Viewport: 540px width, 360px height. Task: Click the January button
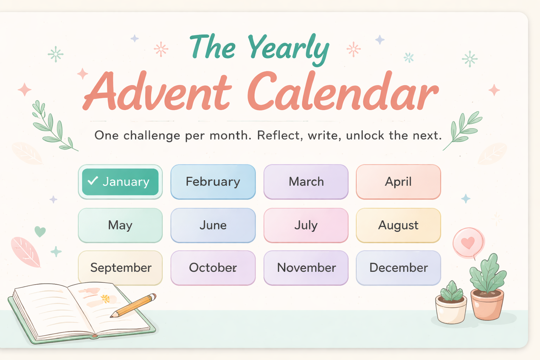120,182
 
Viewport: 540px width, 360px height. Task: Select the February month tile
213,182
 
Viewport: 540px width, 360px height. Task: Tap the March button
306,182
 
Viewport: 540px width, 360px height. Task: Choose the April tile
398,182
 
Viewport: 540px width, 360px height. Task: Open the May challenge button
120,225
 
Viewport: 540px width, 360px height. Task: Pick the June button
213,225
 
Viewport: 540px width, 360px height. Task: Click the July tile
306,225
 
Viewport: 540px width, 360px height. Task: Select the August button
398,225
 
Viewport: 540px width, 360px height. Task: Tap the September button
120,268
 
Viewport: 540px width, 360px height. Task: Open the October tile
213,268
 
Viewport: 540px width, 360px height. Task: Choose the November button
306,268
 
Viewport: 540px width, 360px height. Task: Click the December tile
398,268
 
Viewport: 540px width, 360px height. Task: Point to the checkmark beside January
93,181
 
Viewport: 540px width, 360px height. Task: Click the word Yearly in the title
288,49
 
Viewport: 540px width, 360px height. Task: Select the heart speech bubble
468,243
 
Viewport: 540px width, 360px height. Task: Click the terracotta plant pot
487,304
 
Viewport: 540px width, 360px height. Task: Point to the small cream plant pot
451,310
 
